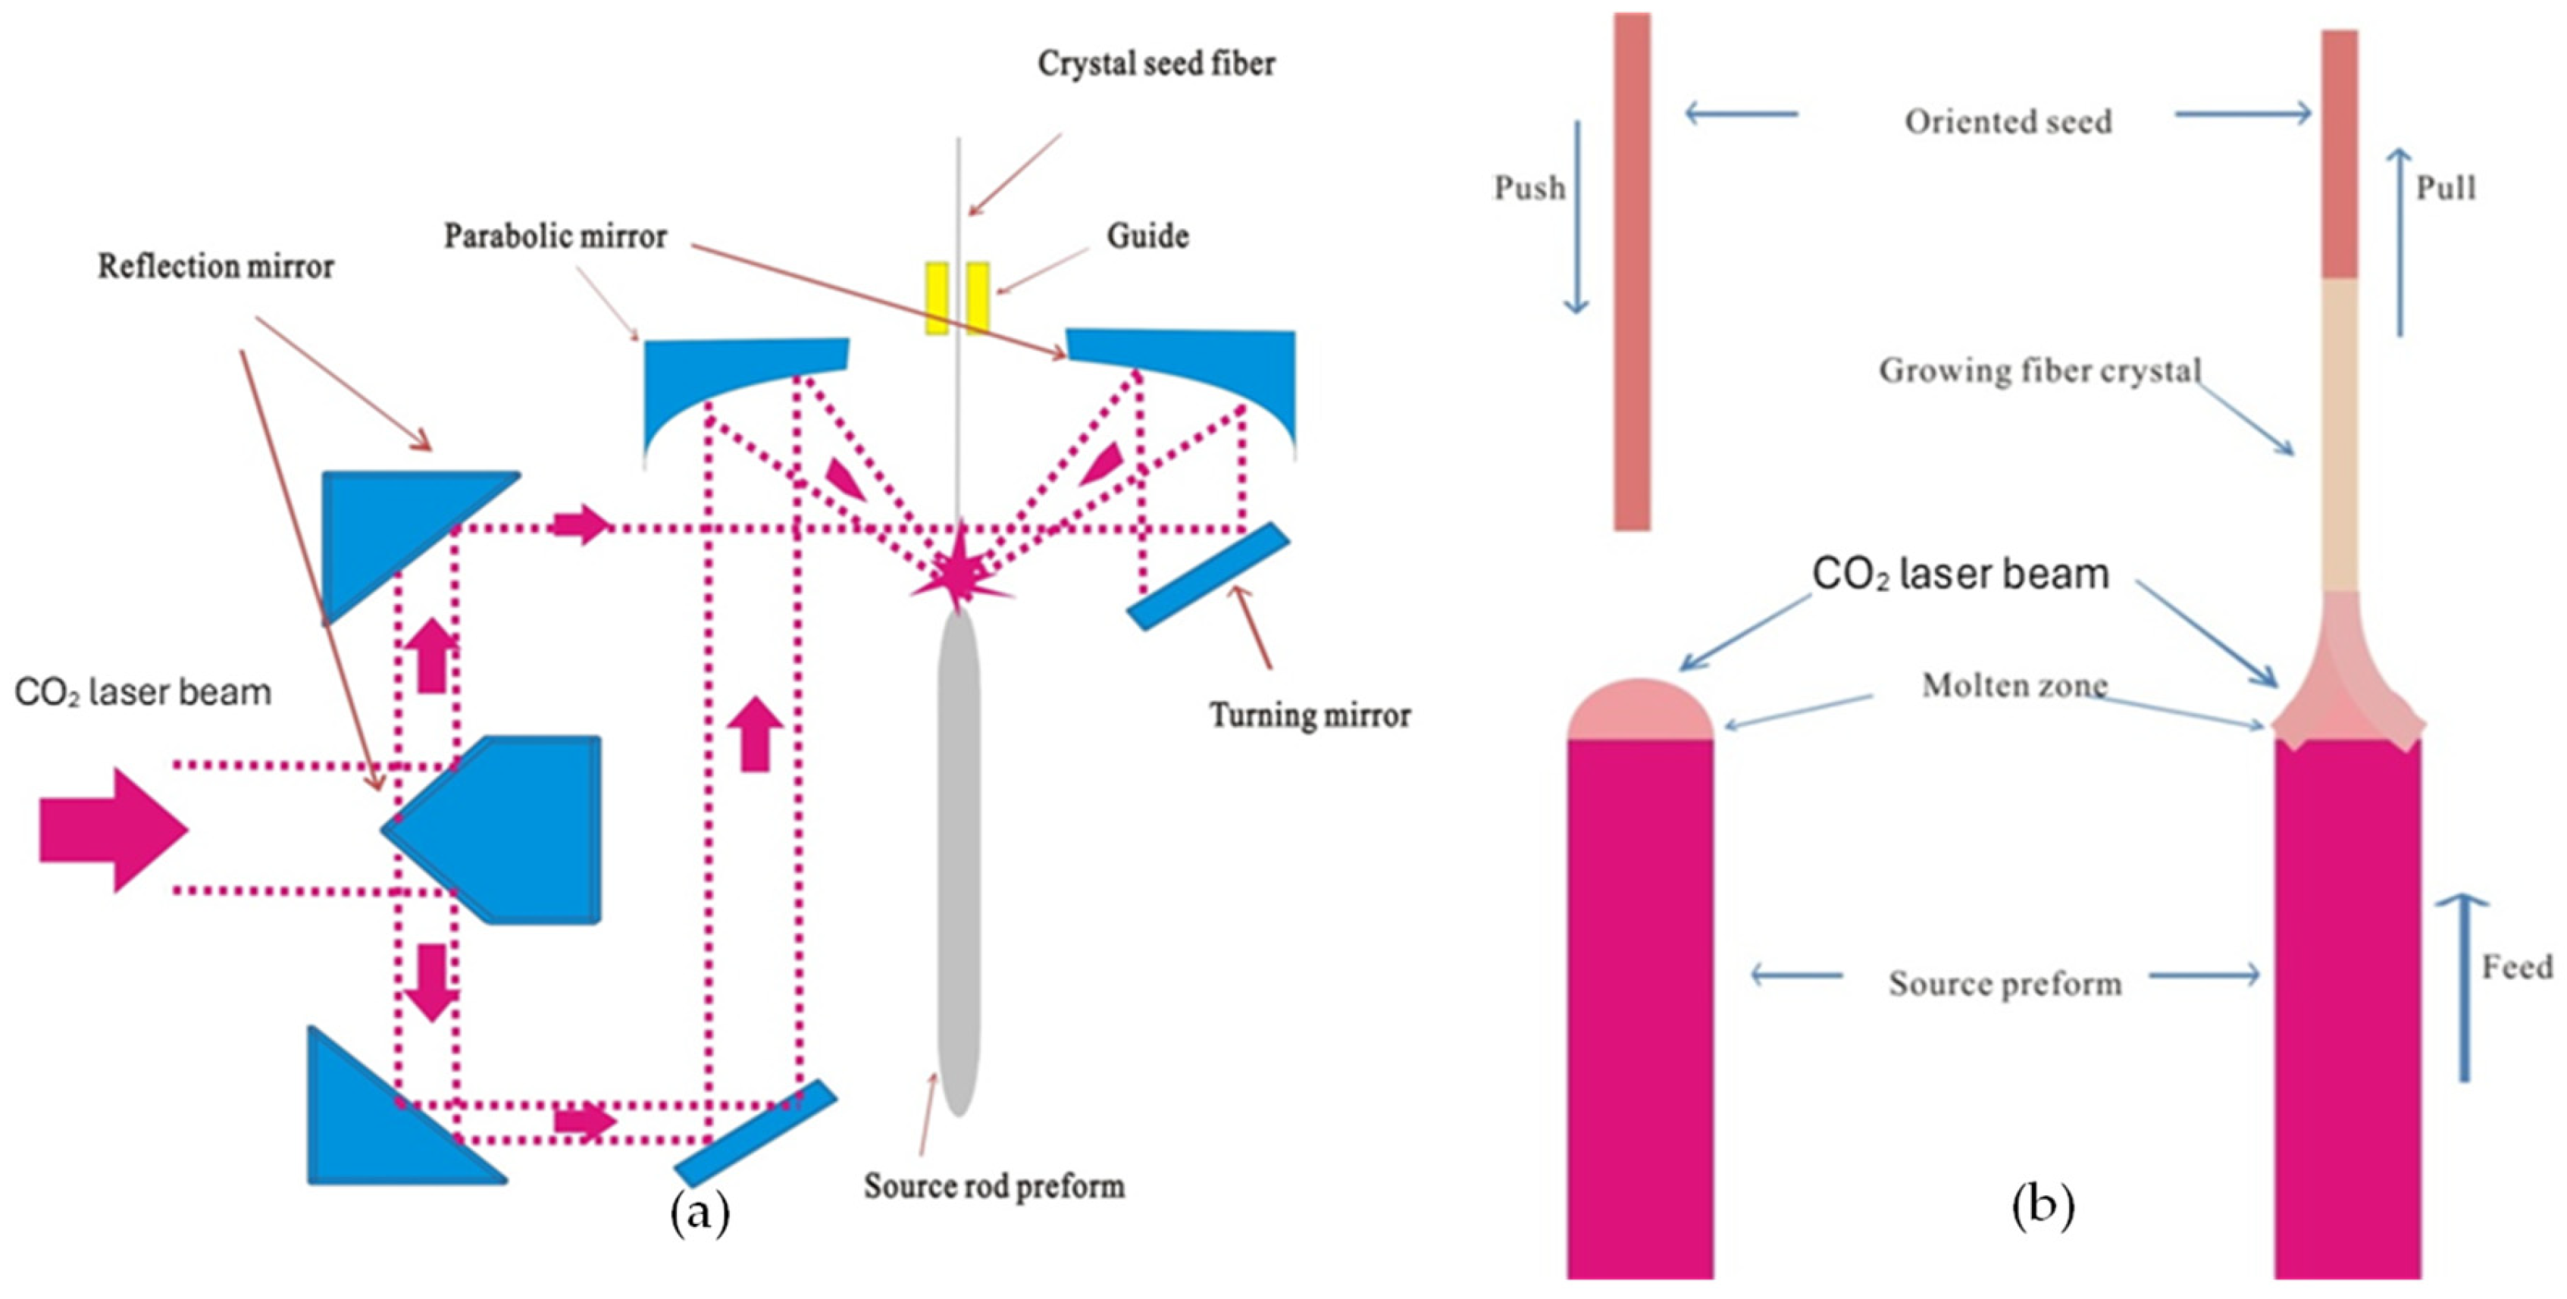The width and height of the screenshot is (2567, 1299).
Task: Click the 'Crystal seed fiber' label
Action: [1156, 64]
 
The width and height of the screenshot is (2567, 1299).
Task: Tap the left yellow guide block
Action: [937, 298]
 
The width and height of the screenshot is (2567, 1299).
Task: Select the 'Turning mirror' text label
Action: [1310, 715]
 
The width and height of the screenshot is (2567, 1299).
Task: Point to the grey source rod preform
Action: [959, 856]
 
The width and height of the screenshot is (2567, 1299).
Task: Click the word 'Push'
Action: [1529, 188]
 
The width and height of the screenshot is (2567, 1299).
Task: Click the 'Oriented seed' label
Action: [2008, 121]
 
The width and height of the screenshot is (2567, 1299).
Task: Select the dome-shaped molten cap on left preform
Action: [1639, 711]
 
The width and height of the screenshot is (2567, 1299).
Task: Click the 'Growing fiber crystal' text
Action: [2039, 371]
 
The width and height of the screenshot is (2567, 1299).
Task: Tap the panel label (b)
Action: [2043, 1207]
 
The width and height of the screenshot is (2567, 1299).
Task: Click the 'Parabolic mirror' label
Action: [555, 236]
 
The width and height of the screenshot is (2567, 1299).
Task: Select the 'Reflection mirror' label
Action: [215, 266]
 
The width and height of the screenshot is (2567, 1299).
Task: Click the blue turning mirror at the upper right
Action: [1209, 577]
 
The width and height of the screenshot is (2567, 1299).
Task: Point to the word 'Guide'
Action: [1147, 236]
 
